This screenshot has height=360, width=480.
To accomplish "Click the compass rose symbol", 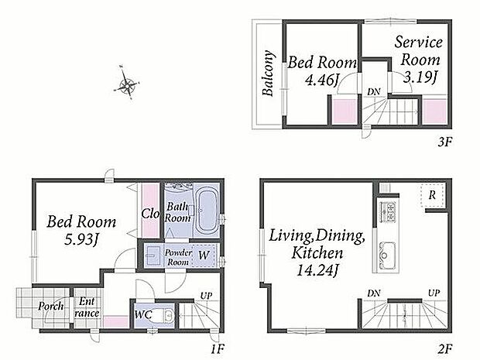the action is (x=127, y=83).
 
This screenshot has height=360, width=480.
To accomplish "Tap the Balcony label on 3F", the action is (x=268, y=74).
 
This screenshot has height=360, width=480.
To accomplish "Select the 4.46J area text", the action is (x=321, y=81).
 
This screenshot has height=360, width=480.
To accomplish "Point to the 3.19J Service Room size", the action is (x=420, y=77).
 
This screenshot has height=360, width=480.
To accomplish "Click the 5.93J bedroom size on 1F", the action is (x=82, y=239).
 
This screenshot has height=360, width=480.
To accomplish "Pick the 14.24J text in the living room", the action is (x=317, y=270).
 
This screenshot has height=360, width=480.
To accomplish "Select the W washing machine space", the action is (x=204, y=255).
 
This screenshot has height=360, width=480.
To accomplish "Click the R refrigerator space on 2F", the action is (x=432, y=195).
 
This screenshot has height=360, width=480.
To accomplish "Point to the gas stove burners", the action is (x=388, y=211).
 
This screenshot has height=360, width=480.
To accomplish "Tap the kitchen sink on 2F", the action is (x=387, y=255).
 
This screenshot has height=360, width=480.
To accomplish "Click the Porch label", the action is (x=51, y=306).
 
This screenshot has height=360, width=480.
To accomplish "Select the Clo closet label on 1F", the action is (x=150, y=214).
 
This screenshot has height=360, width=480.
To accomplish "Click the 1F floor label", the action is (x=218, y=348).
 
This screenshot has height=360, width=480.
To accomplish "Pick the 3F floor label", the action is (x=444, y=142).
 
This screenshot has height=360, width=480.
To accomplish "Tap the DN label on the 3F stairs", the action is (x=374, y=91).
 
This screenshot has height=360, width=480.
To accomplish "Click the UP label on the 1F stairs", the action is (x=207, y=296).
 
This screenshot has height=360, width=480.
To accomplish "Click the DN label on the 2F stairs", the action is (x=374, y=293).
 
